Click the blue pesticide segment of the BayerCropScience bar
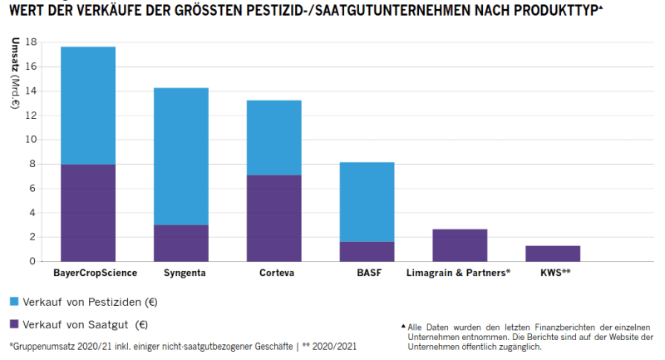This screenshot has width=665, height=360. (88, 106)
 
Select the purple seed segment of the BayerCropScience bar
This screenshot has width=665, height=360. (88, 213)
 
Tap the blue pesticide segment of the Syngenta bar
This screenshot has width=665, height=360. (180, 156)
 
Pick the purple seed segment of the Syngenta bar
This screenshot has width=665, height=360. (180, 243)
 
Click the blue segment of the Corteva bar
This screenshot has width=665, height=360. (273, 137)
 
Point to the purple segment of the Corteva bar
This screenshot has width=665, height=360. (273, 218)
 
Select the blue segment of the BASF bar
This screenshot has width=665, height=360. (367, 202)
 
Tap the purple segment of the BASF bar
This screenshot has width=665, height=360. (367, 251)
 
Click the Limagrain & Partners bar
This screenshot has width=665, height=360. (460, 245)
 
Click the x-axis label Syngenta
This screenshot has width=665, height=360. (180, 273)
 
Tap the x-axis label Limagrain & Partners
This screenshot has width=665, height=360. (458, 273)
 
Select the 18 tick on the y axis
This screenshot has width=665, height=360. (32, 42)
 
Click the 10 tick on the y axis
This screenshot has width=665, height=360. (32, 140)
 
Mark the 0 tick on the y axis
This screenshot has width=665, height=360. (34, 261)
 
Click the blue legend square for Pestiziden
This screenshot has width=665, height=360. (15, 300)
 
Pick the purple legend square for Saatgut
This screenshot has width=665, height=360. (15, 324)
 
